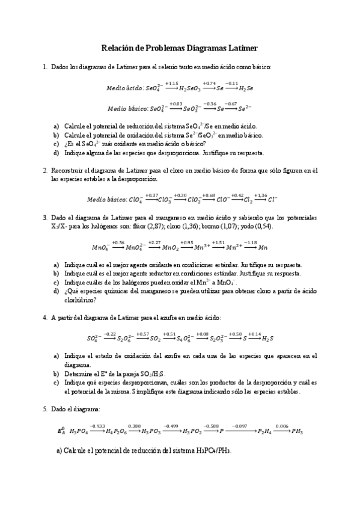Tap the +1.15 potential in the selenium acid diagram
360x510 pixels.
pyautogui.click(x=171, y=83)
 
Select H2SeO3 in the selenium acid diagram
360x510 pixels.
pyautogui.click(x=191, y=88)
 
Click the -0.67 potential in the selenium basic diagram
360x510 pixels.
pyautogui.click(x=230, y=103)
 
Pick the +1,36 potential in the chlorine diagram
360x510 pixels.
pyautogui.click(x=260, y=195)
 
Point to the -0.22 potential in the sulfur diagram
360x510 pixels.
pyautogui.click(x=109, y=334)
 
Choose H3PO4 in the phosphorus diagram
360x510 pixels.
pyautogui.click(x=81, y=432)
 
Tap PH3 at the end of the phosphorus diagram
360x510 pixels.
pyautogui.click(x=297, y=432)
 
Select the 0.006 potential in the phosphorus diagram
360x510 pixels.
pyautogui.click(x=282, y=426)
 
